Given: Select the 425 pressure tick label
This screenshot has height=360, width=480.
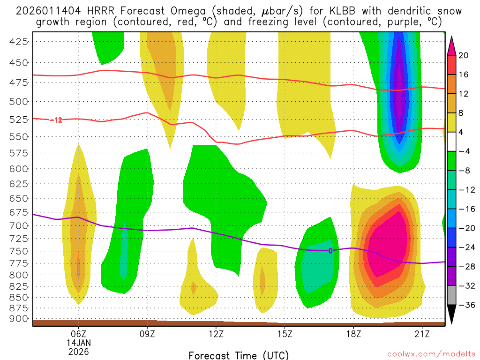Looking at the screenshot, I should click(x=19, y=42).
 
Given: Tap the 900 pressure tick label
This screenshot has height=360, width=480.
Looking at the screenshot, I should click(x=19, y=318).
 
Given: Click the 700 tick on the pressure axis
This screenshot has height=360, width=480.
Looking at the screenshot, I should click(x=19, y=225).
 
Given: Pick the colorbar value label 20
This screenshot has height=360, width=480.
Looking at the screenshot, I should click(x=464, y=55).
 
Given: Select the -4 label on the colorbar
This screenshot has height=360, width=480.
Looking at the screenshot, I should click(x=464, y=151).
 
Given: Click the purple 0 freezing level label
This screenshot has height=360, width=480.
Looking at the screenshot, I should click(x=330, y=251).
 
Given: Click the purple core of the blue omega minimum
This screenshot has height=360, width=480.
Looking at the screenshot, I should click(x=399, y=94).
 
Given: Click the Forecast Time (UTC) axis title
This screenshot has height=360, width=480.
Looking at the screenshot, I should click(x=239, y=355).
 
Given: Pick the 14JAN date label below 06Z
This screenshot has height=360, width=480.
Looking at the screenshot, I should click(x=78, y=343).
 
